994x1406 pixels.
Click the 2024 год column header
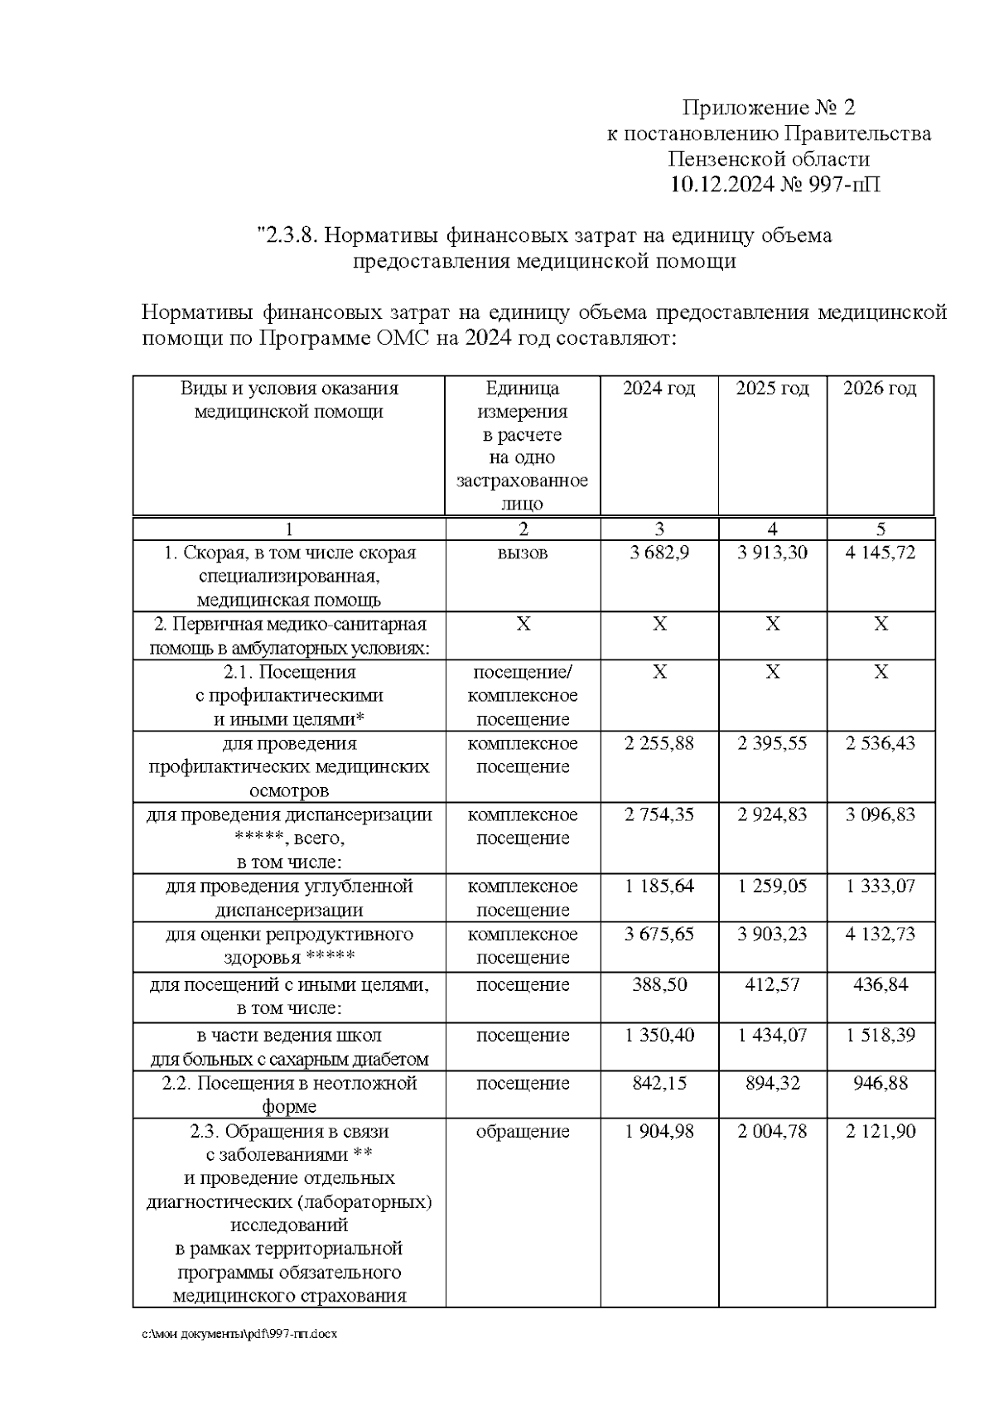coord(659,389)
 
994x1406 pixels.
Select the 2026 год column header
coord(880,389)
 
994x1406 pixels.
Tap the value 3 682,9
coord(659,553)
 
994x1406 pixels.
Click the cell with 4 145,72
coord(881,553)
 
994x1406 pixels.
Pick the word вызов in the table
coord(523,553)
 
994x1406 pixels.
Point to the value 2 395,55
coord(772,743)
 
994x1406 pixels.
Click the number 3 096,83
coord(881,814)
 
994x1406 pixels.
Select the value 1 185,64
coord(659,886)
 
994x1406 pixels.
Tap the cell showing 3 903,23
coord(772,934)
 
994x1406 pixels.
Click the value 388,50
coord(659,984)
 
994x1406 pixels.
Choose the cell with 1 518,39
coord(881,1035)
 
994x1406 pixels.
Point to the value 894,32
coord(772,1083)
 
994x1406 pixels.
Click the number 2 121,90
coord(881,1131)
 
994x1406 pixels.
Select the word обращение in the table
coord(523,1131)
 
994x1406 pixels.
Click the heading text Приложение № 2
coord(768,108)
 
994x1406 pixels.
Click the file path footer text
coord(240,1335)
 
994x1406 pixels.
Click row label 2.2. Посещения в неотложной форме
coord(289,1094)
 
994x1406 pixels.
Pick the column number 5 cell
coord(881,529)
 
